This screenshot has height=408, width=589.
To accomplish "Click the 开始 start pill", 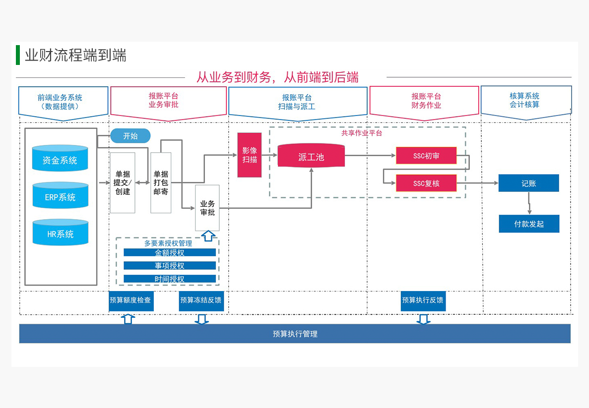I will [x=130, y=136].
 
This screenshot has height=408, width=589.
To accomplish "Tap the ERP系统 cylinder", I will [x=60, y=197].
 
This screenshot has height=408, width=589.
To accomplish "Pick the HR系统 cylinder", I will [x=60, y=233].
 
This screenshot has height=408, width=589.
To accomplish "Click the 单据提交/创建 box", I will [x=123, y=182].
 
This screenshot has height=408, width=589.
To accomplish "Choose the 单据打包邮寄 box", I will [x=161, y=182].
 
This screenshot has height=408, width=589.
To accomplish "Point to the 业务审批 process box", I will [x=207, y=208].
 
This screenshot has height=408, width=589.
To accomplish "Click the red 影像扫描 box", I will [x=249, y=155].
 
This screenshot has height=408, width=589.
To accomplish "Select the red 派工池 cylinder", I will [x=311, y=157].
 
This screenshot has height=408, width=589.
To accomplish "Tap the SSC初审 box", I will [x=426, y=156].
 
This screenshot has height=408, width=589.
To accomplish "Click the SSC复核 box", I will [x=426, y=183].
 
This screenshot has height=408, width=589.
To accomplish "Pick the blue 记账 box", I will [x=528, y=183].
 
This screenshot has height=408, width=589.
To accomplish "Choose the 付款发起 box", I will [x=529, y=224].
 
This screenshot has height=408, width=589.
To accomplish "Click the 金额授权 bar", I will [x=170, y=252].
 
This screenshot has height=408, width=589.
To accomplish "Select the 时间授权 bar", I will [x=170, y=279].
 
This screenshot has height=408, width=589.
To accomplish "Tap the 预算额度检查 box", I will [x=131, y=300].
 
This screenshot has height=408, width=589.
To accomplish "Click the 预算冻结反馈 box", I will [x=201, y=300].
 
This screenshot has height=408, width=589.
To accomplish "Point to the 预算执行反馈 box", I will [x=423, y=300].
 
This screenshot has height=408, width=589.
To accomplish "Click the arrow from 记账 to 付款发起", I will [x=529, y=203].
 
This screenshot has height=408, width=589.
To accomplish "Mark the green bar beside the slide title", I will [x=18, y=55].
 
